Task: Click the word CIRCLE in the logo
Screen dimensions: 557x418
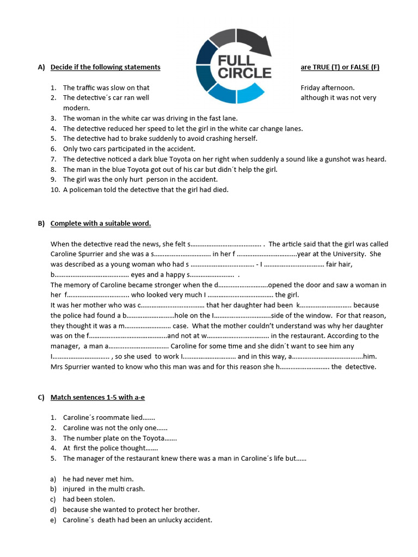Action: click(244, 72)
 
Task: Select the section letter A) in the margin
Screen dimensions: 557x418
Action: click(41, 67)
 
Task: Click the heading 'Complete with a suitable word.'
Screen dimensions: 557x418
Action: click(101, 224)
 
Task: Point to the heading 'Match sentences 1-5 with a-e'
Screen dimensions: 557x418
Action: click(97, 397)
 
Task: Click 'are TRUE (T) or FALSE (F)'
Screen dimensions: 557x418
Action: click(340, 67)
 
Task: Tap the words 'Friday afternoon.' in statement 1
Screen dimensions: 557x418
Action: click(327, 88)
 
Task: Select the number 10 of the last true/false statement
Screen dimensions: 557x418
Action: click(54, 189)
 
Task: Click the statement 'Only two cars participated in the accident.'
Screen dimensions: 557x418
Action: click(129, 148)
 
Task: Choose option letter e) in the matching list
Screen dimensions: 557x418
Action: click(53, 519)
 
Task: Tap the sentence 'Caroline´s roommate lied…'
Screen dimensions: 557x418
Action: click(109, 417)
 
